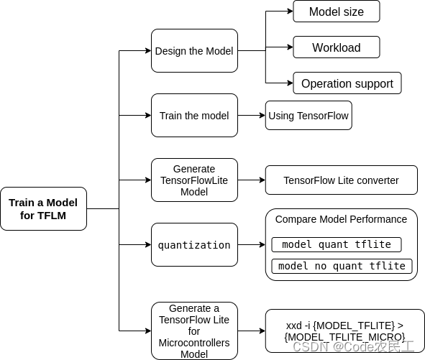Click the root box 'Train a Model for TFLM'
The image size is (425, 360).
tap(43, 209)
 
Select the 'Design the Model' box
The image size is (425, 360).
tap(194, 51)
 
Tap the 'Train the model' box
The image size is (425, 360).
tap(194, 115)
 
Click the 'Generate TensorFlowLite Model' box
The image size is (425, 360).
tap(194, 180)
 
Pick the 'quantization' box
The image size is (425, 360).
tap(194, 245)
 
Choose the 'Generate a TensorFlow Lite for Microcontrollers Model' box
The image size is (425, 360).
tap(194, 331)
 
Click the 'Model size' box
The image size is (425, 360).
tap(336, 11)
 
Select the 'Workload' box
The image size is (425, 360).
tap(336, 48)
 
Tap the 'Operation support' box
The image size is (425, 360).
tap(347, 83)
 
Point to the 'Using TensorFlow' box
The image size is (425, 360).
tap(309, 116)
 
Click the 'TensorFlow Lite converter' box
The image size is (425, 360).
tap(341, 180)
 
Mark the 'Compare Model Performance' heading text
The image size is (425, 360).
tap(341, 219)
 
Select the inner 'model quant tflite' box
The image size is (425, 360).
tap(337, 244)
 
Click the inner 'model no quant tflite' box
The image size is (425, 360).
tap(342, 266)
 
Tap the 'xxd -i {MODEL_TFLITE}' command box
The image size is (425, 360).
tap(345, 331)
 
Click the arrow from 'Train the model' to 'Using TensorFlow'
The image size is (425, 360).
tap(252, 115)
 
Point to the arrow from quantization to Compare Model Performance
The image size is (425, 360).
tap(252, 245)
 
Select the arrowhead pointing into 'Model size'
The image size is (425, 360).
tap(289, 11)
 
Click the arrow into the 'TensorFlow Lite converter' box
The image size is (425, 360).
tap(252, 180)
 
